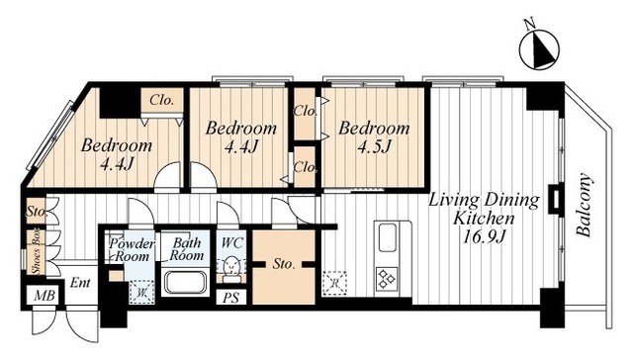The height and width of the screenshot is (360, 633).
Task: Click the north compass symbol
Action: click(539, 47)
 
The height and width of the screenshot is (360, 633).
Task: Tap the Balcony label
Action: click(585, 205)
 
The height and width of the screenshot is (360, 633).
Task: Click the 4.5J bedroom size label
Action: click(374, 146)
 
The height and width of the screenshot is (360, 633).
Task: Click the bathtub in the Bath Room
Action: click(185, 283)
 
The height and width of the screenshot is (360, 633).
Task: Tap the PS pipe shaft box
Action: click(230, 298)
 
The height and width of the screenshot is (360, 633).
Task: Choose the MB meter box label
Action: click(44, 296)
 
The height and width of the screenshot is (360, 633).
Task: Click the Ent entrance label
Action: click(80, 282)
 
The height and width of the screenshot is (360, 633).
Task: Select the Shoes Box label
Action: click(37, 254)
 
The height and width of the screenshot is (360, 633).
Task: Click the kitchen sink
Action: click(387, 237)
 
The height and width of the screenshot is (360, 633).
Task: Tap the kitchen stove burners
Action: click(387, 280)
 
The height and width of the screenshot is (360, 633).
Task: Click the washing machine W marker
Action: click(141, 292)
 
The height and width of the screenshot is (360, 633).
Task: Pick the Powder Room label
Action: click(132, 250)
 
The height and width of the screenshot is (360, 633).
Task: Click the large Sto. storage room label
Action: click(284, 264)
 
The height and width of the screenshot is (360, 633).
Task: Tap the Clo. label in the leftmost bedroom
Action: click(161, 100)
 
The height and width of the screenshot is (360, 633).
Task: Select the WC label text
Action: click(232, 243)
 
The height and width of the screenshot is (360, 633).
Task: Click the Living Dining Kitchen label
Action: click(484, 209)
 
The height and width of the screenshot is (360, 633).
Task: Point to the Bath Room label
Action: click(186, 249)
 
